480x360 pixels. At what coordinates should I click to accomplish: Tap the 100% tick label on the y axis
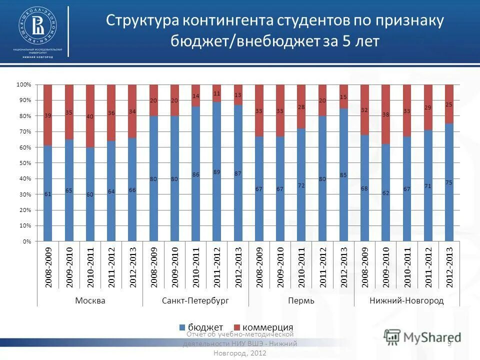(23, 85)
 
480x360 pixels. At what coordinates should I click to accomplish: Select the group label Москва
(90, 300)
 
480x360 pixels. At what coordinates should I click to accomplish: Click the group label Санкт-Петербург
(195, 300)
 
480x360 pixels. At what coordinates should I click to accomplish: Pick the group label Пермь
(301, 300)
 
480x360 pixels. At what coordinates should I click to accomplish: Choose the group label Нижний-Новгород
(406, 300)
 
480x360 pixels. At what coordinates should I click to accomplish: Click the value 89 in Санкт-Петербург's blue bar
(216, 171)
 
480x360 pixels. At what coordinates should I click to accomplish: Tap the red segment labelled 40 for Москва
(90, 116)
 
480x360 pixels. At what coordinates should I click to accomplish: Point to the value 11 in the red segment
(216, 93)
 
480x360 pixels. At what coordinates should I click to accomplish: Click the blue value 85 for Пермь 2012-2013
(343, 175)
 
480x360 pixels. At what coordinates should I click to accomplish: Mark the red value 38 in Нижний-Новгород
(385, 113)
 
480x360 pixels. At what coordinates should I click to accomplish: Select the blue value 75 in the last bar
(449, 183)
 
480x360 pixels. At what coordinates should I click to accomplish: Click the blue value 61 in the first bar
(47, 194)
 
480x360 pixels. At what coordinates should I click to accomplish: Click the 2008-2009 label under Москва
(48, 267)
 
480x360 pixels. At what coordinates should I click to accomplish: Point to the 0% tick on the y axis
(26, 241)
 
